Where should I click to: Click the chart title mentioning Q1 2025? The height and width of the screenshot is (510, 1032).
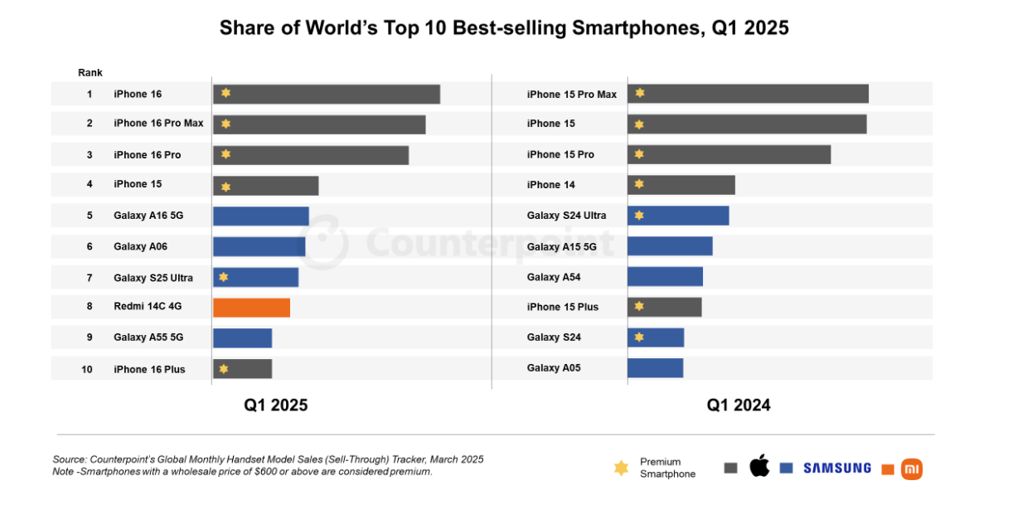pyautogui.click(x=504, y=27)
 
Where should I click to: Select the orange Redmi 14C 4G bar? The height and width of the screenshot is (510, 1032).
pyautogui.click(x=251, y=308)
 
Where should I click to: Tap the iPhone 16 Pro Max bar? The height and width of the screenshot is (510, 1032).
pyautogui.click(x=319, y=124)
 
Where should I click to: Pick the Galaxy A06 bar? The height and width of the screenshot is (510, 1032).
pyautogui.click(x=259, y=246)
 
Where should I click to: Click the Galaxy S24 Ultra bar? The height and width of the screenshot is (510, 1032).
pyautogui.click(x=678, y=216)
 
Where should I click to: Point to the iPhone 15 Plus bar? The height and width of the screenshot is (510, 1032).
pyautogui.click(x=664, y=307)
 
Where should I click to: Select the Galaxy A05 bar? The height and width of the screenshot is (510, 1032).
pyautogui.click(x=655, y=367)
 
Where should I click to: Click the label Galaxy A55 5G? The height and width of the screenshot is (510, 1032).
pyautogui.click(x=148, y=338)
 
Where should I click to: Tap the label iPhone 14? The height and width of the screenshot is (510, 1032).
pyautogui.click(x=550, y=185)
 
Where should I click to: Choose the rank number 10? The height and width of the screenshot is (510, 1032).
pyautogui.click(x=87, y=369)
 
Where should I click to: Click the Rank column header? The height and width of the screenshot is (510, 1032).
pyautogui.click(x=90, y=73)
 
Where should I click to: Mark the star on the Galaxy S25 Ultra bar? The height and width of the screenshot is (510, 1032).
pyautogui.click(x=224, y=277)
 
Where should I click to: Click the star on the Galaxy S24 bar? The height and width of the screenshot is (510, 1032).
pyautogui.click(x=639, y=338)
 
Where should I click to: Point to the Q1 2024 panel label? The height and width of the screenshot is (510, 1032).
pyautogui.click(x=738, y=406)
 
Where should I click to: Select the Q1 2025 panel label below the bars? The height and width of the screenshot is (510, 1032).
pyautogui.click(x=275, y=406)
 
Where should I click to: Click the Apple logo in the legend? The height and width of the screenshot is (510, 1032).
pyautogui.click(x=759, y=466)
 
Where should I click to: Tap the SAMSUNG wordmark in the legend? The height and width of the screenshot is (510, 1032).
pyautogui.click(x=836, y=468)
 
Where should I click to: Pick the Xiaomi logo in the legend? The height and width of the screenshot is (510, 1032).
pyautogui.click(x=912, y=469)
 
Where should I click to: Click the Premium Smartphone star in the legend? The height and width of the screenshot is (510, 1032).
pyautogui.click(x=621, y=468)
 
